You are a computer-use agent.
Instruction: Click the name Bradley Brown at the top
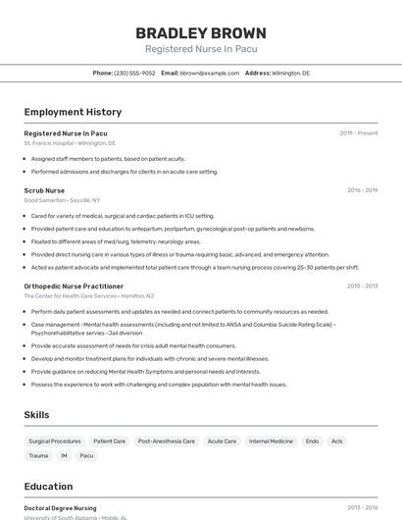pos(200,32)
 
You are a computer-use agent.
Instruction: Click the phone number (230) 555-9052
pos(134,73)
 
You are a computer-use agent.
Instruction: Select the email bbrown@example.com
pos(210,73)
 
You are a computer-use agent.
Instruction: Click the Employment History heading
pos(73,112)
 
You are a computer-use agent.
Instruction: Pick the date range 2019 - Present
pos(359,132)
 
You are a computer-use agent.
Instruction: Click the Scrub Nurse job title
pos(44,190)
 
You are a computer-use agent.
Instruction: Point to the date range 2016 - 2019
pos(362,190)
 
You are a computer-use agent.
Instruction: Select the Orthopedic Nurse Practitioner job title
pos(74,286)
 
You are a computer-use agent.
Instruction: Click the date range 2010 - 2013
pos(362,286)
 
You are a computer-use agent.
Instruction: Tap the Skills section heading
pos(36,415)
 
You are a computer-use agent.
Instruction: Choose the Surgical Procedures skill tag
pos(55,442)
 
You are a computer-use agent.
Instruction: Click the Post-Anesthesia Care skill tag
pos(166,442)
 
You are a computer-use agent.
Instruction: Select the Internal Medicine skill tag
pos(271,442)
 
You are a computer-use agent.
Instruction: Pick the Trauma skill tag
pos(38,455)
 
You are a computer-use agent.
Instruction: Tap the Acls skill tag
pos(337,442)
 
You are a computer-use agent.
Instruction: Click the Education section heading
pos(48,486)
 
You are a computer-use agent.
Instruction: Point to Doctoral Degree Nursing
pos(60,508)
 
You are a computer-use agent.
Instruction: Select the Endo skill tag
pos(312,442)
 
